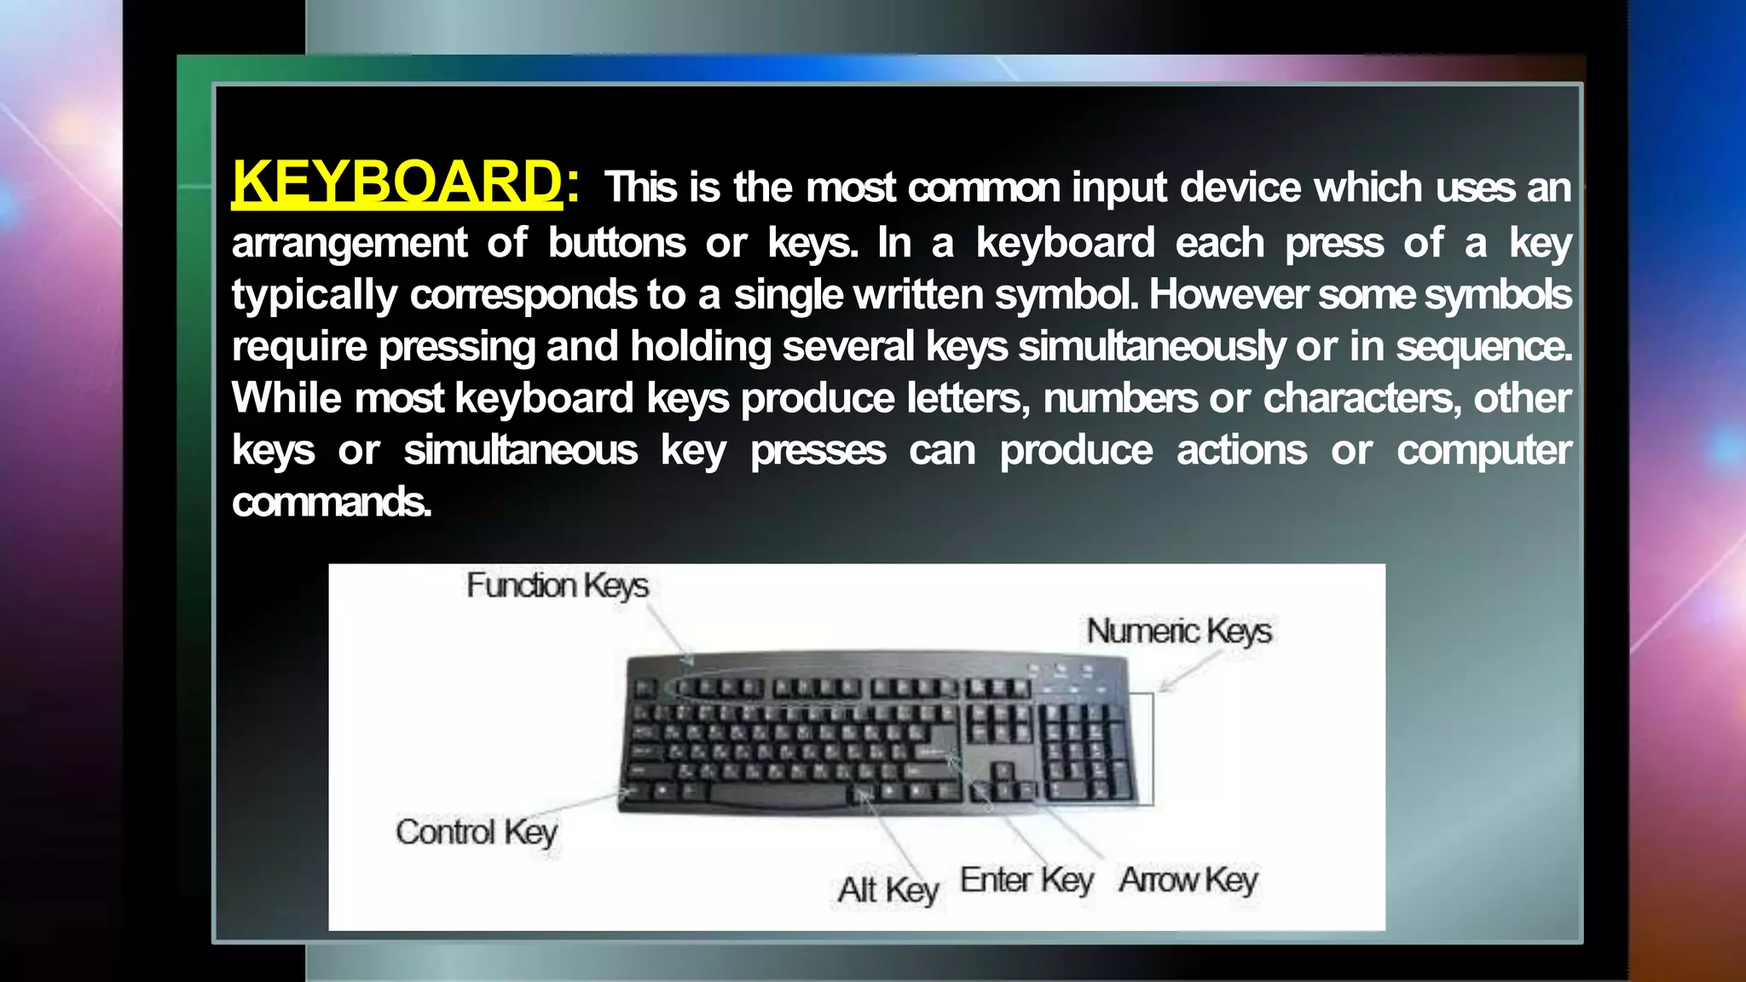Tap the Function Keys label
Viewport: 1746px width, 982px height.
click(558, 586)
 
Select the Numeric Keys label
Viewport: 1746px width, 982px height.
click(1178, 632)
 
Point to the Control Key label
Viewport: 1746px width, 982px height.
click(476, 832)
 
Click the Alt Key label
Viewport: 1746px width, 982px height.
click(887, 890)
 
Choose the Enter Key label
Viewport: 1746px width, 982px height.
click(1026, 880)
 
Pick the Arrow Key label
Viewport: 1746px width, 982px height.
click(1188, 880)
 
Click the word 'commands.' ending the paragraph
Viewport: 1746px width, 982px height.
click(332, 501)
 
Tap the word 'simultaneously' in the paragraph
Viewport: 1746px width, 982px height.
click(1152, 346)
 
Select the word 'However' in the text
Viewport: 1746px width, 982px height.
click(1229, 295)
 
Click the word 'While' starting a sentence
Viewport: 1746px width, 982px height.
click(286, 398)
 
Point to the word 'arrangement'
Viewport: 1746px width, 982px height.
click(350, 243)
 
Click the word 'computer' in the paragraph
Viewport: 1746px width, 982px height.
click(1483, 451)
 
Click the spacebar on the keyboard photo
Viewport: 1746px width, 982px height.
click(778, 794)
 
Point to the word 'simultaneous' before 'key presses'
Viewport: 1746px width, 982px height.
click(520, 450)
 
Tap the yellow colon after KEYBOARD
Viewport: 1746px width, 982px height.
click(573, 184)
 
